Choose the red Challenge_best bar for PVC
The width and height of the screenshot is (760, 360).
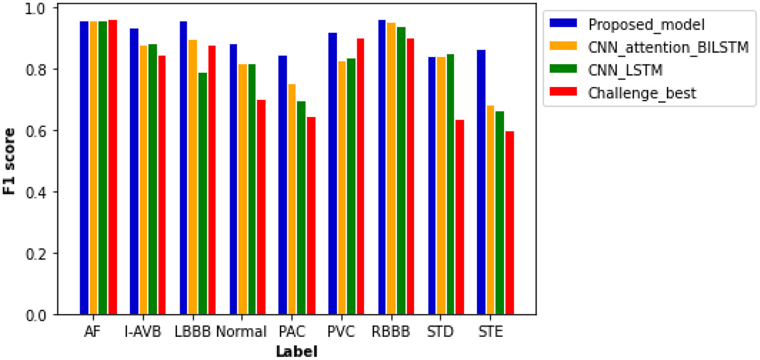click(x=361, y=177)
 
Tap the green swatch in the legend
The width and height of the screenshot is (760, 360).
click(x=563, y=69)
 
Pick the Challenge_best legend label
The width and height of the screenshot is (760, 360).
click(x=642, y=93)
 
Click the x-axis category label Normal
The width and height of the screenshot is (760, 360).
click(x=241, y=332)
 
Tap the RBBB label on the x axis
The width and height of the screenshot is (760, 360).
click(x=392, y=332)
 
